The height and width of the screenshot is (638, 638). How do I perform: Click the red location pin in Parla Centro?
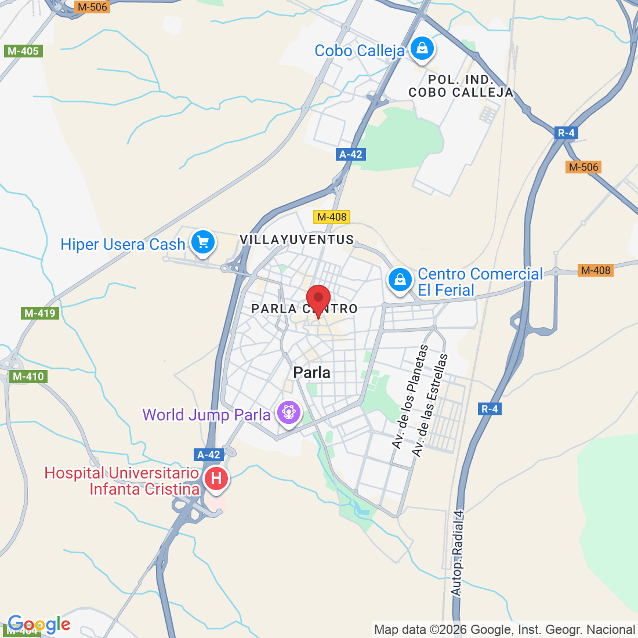(x=318, y=299)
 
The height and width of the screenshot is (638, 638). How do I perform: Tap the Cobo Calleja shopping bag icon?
(x=422, y=49)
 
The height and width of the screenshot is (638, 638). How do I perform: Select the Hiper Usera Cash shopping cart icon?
(x=202, y=242)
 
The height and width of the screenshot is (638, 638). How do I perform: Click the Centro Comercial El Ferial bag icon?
(x=400, y=280)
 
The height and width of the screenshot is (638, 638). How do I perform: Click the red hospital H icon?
(x=216, y=479)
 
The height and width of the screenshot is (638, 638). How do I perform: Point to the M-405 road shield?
(x=23, y=51)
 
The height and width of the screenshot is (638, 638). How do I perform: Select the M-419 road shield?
(x=39, y=313)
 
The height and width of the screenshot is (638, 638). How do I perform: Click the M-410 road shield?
(x=28, y=376)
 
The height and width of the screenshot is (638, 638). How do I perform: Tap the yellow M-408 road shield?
(x=332, y=217)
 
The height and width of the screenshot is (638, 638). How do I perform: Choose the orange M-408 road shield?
(x=596, y=270)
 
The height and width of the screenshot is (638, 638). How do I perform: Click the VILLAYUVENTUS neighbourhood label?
(x=297, y=240)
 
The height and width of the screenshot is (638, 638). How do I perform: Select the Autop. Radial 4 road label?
(x=458, y=553)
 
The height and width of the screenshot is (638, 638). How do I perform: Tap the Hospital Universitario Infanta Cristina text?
(x=122, y=481)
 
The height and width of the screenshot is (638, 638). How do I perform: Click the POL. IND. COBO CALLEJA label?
(x=461, y=86)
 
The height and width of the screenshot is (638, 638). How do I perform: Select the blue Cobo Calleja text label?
(x=360, y=51)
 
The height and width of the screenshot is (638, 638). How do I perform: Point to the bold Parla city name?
(x=312, y=372)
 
